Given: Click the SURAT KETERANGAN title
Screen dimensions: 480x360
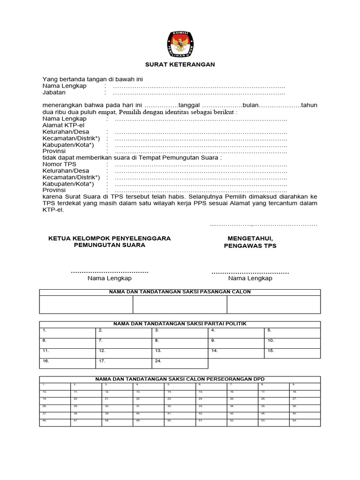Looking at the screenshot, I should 180,65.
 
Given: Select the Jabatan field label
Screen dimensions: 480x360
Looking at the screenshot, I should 54,93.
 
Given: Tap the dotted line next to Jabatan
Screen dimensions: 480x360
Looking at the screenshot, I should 199,93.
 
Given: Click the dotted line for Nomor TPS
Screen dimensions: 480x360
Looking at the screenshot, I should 201,165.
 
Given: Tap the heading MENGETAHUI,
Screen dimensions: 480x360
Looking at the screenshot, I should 250,239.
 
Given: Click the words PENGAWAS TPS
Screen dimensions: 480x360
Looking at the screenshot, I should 250,246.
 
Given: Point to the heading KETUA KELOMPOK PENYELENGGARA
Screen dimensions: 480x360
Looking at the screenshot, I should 110,239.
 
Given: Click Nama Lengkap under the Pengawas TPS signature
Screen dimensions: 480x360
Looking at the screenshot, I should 250,278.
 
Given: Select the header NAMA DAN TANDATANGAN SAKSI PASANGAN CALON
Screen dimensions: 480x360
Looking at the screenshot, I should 180,292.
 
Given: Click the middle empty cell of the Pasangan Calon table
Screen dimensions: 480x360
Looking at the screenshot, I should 180,304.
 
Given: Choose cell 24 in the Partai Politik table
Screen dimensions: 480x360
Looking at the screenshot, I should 180,363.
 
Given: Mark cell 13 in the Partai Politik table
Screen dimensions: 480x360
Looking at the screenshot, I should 180,353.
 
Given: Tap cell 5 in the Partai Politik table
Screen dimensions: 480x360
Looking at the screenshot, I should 292,332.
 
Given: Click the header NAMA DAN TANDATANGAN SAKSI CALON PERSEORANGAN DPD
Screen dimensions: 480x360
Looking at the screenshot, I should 180,379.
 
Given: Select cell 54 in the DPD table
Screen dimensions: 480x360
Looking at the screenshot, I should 305,422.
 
